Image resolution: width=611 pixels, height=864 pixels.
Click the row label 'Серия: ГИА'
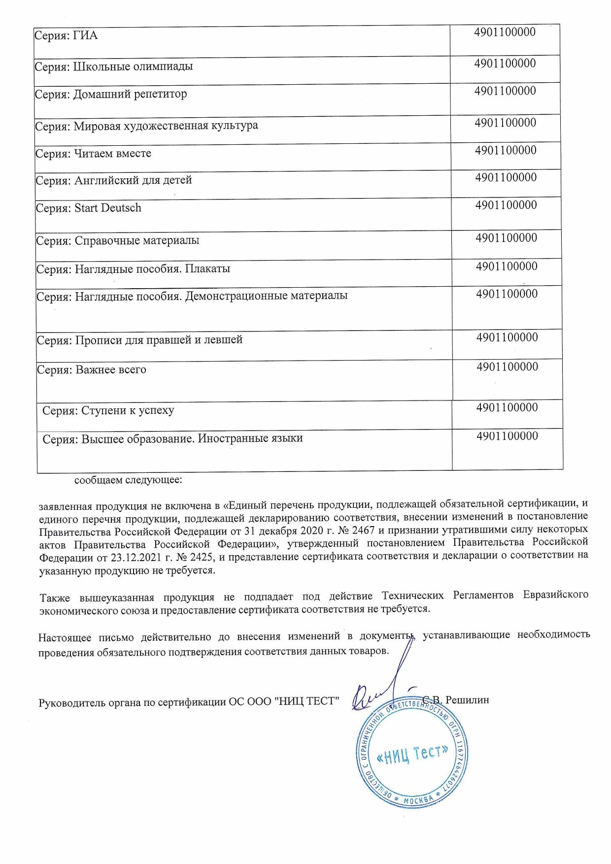coord(66,35)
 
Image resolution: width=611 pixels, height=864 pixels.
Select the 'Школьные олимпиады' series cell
coord(114,66)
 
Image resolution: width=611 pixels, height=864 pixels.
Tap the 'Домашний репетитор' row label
coord(111,94)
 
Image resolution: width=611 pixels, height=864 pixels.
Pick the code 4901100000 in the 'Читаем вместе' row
coord(506,150)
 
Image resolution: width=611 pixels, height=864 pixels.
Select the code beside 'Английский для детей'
coord(506,177)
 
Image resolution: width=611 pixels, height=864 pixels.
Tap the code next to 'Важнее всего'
coord(507,366)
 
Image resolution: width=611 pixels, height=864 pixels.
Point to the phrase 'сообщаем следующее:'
coord(128,480)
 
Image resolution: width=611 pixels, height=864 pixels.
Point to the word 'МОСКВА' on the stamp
coord(418,800)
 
